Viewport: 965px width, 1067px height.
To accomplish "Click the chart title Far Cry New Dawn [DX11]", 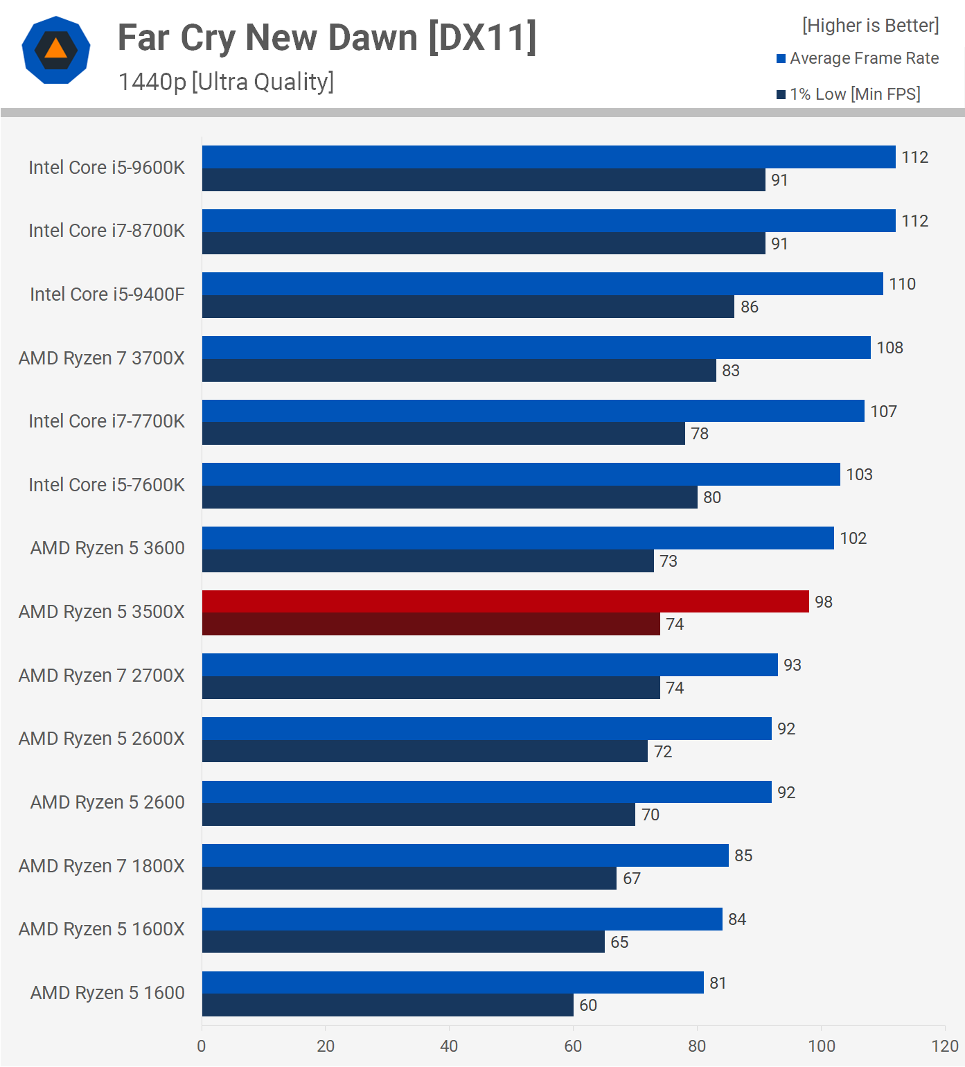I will tap(327, 37).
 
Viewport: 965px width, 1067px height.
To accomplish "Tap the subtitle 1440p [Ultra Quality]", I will tap(226, 82).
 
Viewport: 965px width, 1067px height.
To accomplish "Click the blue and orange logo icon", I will tap(56, 50).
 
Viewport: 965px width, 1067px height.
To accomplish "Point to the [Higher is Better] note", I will tap(870, 26).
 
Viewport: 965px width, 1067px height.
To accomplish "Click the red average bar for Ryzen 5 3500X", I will tap(505, 601).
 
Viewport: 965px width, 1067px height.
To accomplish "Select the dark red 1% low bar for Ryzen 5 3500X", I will tap(431, 624).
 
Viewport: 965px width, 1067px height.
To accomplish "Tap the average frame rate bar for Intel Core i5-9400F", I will tap(542, 284).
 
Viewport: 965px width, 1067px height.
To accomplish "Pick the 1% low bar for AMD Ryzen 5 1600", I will tap(387, 1005).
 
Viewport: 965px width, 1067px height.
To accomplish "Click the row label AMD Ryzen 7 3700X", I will tap(102, 358).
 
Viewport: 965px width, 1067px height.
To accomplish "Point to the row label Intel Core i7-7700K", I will tap(107, 421).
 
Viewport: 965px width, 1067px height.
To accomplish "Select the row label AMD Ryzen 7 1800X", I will tap(102, 866).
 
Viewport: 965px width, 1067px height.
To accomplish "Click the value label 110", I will tap(902, 284).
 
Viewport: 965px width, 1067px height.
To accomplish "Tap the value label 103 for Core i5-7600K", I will tap(859, 475).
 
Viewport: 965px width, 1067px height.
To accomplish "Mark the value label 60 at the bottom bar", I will tap(588, 1005).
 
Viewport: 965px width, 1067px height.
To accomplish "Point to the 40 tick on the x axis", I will tap(449, 1046).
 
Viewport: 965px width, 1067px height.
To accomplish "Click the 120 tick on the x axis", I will tap(945, 1046).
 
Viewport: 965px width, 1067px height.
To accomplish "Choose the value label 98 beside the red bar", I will tap(823, 602).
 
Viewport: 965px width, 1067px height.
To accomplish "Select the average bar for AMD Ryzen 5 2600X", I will tap(486, 729).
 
